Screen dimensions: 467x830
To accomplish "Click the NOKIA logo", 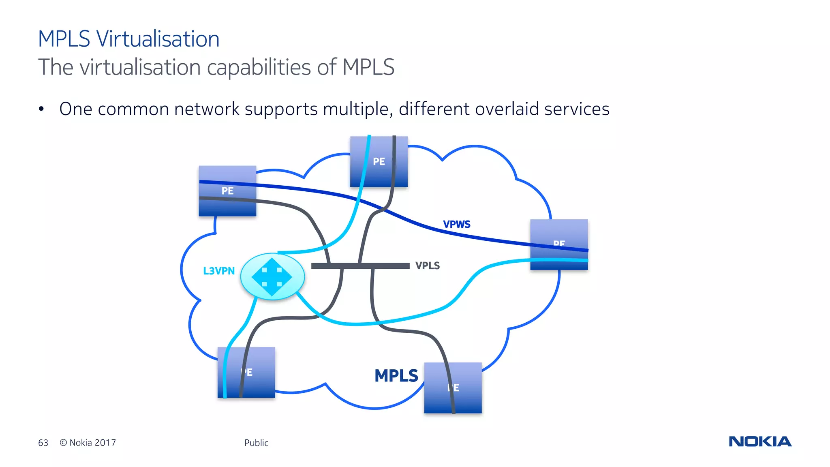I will click(x=760, y=441).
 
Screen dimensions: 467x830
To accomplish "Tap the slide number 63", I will click(x=43, y=443).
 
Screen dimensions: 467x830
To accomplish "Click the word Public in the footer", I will click(x=256, y=443).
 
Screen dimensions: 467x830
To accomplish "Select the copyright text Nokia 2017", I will click(x=88, y=443).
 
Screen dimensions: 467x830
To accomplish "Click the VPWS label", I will click(x=456, y=225).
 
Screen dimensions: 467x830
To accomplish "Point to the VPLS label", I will click(x=427, y=266).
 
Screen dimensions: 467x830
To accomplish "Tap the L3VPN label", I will click(x=219, y=271).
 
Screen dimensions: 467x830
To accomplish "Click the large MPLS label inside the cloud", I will click(x=396, y=376).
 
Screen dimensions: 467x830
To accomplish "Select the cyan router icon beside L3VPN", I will click(x=272, y=276).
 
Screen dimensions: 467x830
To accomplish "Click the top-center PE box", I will click(x=379, y=161).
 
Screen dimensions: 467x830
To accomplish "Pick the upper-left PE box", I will click(x=227, y=191).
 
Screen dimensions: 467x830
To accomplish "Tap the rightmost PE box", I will click(x=559, y=244).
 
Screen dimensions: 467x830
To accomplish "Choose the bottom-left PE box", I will click(x=246, y=372).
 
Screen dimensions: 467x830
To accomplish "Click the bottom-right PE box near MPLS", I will click(x=453, y=388).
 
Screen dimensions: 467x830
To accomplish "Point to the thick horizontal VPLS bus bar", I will click(x=360, y=266).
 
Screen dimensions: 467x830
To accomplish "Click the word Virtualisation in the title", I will click(x=158, y=39).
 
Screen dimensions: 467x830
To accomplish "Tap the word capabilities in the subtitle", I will click(x=259, y=68).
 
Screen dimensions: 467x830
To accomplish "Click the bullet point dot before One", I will click(x=41, y=109).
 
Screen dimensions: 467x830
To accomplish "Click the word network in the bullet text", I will click(x=207, y=109).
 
